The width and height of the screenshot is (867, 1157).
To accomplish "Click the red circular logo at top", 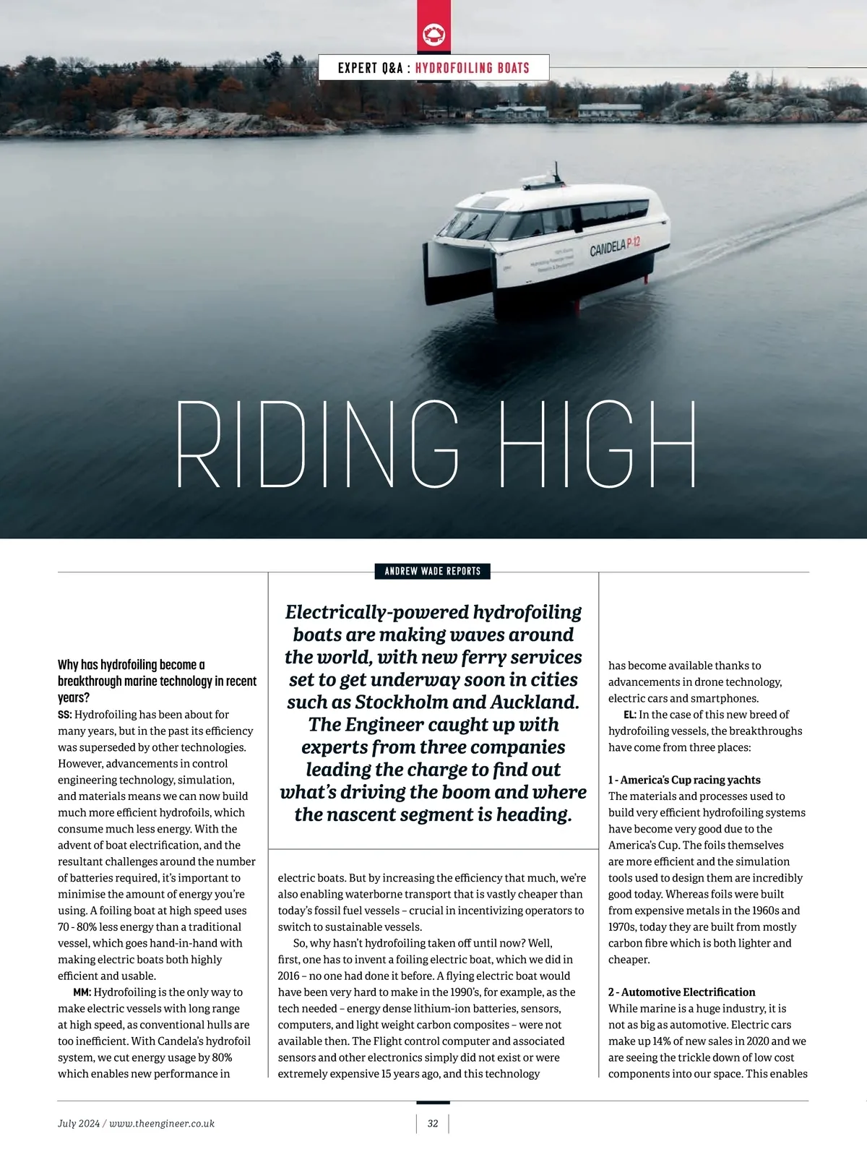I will pos(433,34).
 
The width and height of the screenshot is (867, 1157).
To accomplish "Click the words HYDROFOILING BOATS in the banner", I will pos(473,68).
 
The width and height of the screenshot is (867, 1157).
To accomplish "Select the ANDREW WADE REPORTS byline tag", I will pos(433,571).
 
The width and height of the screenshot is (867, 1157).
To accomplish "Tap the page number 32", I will pos(433,1123).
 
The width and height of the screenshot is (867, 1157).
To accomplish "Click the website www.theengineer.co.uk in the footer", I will pos(162,1123).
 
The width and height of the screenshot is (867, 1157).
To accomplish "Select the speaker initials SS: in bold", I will pos(65,715).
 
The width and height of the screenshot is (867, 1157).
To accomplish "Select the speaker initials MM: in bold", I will pos(82,992).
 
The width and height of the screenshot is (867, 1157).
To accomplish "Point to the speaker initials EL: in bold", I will pos(630,715).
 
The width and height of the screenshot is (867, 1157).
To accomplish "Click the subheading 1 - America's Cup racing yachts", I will pos(684,780).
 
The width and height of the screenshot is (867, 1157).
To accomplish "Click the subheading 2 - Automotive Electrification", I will pos(681,992).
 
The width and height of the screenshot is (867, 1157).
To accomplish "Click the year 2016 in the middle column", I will pos(288,976).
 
